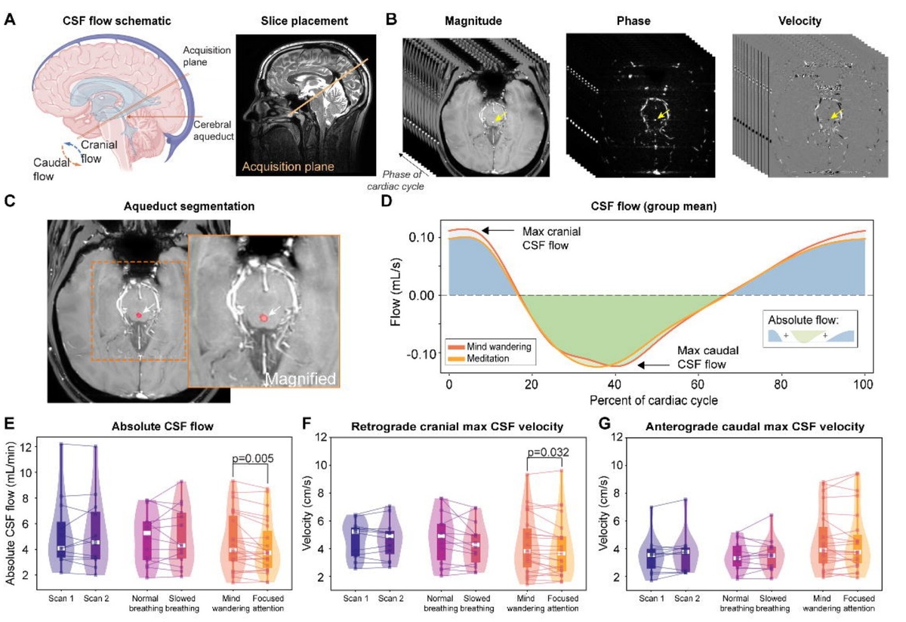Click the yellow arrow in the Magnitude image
[499, 118]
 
